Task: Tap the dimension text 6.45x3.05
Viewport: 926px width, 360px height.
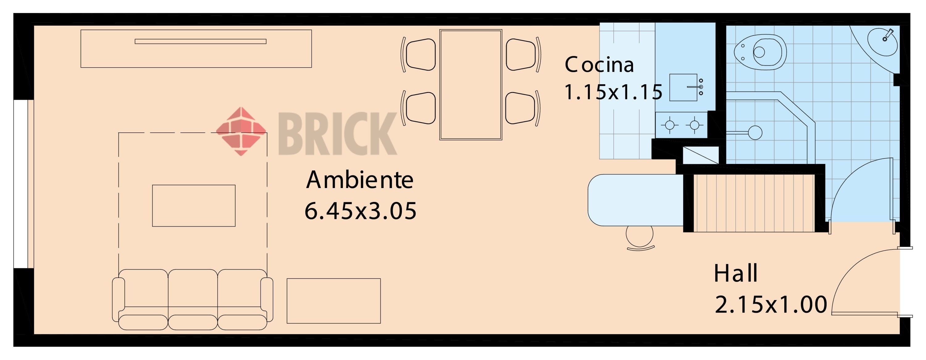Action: (360, 211)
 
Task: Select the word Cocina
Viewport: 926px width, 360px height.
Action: (599, 65)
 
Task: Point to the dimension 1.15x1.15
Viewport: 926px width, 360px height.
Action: (613, 92)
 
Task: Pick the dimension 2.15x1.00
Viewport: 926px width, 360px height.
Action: (771, 305)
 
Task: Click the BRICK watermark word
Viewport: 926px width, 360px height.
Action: (337, 133)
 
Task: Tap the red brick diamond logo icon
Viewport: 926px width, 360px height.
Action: (241, 131)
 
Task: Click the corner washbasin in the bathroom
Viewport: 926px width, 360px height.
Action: (883, 42)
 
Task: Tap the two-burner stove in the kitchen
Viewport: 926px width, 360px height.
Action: (682, 125)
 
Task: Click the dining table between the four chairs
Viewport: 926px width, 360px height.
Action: (470, 85)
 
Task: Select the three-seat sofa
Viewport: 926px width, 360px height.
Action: (193, 299)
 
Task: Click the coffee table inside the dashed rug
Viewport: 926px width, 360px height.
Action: (194, 206)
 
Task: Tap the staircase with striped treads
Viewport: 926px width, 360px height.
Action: (753, 203)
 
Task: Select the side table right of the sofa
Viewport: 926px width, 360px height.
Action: (334, 301)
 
